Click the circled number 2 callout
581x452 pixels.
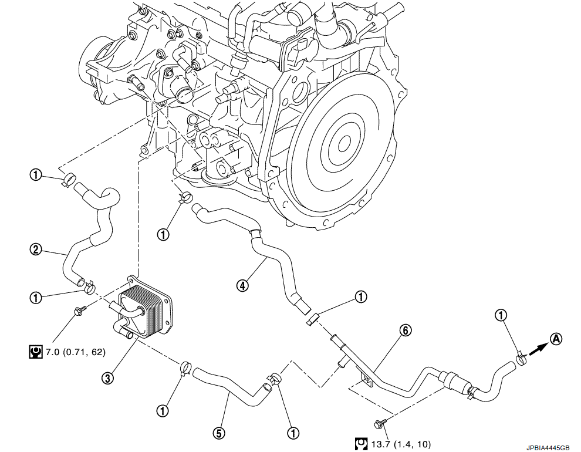36,249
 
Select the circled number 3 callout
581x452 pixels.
107,379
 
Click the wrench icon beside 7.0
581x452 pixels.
35,352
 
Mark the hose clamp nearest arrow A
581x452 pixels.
521,356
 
